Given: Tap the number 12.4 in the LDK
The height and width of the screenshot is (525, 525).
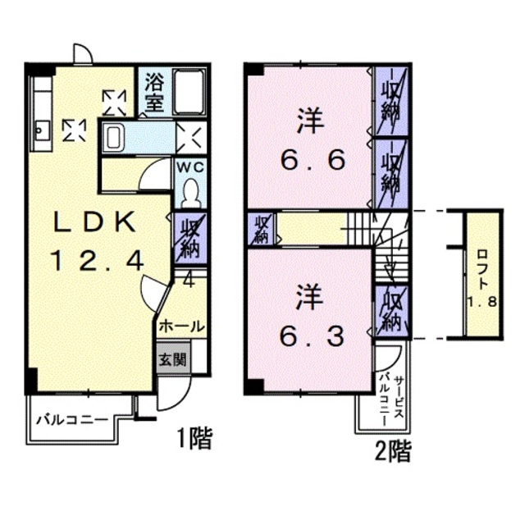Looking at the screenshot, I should click(96, 261).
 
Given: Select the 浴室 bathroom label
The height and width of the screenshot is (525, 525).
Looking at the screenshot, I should click(154, 92).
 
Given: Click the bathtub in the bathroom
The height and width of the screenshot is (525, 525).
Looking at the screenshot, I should click(189, 92).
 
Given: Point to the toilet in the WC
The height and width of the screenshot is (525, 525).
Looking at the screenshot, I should click(190, 191).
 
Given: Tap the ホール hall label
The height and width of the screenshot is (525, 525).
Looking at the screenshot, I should click(180, 325).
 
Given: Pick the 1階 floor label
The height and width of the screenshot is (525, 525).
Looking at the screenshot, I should click(194, 439).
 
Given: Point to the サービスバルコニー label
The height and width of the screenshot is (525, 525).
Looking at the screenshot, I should click(390, 398).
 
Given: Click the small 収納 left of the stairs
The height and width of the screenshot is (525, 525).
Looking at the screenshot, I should click(262, 229).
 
